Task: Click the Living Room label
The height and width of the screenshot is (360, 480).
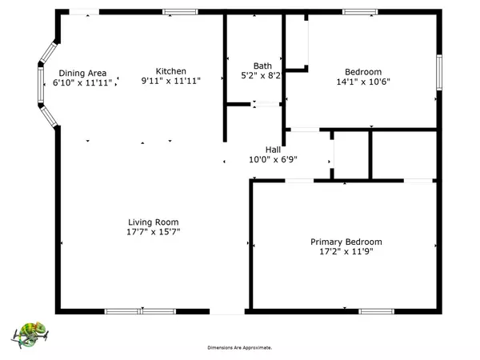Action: [x=153, y=222]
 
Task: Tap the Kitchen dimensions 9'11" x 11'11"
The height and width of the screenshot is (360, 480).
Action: [x=171, y=81]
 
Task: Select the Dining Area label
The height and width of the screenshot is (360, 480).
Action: [x=82, y=73]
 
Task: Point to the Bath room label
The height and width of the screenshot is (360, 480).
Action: [x=262, y=66]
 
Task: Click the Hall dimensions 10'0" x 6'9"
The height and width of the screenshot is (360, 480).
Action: [x=273, y=159]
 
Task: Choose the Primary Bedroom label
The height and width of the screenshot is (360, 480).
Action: [x=346, y=242]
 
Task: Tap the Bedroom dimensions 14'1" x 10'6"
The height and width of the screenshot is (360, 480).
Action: [x=363, y=82]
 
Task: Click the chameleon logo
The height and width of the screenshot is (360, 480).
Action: [x=30, y=334]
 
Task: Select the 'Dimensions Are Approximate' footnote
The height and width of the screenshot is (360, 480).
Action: [x=240, y=348]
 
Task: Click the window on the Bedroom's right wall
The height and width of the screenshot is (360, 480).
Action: [x=439, y=72]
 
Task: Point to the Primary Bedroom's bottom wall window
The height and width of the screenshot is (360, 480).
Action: [x=376, y=312]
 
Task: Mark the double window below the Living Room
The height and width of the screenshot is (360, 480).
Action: [x=140, y=312]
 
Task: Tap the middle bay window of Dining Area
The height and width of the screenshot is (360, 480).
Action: [x=41, y=85]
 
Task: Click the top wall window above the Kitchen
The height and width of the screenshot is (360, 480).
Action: [x=180, y=12]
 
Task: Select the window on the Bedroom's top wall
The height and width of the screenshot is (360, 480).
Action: [x=360, y=12]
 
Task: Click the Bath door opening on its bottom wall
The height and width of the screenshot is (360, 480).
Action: [x=265, y=104]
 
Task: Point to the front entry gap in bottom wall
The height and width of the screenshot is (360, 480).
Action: [x=227, y=312]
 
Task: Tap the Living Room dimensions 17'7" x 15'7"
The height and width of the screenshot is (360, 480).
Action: [x=153, y=232]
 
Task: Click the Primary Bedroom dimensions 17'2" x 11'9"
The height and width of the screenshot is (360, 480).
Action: [x=346, y=252]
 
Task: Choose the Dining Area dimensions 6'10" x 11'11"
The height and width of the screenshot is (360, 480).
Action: [x=82, y=82]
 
